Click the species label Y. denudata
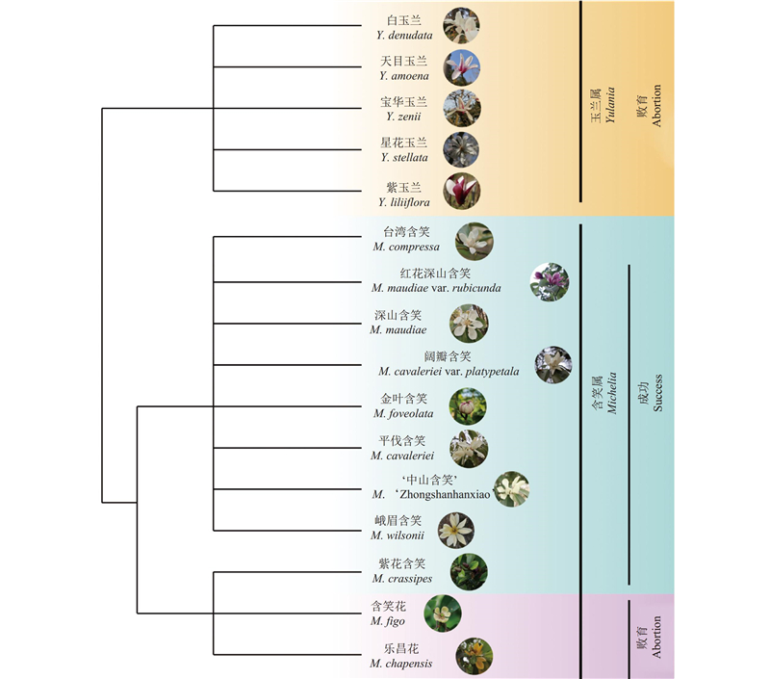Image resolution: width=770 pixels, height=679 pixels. click(x=404, y=36)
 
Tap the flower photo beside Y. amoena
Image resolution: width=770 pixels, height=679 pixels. click(x=462, y=66)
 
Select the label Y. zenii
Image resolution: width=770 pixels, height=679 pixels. click(x=404, y=116)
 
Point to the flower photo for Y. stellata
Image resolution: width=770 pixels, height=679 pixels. click(x=461, y=149)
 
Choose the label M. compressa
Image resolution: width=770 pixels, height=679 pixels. click(x=406, y=247)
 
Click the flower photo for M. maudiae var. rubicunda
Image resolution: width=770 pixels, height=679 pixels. click(x=550, y=281)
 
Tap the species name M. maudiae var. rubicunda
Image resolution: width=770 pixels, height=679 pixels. click(x=436, y=288)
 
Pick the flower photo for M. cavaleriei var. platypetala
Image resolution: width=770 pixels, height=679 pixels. click(x=553, y=364)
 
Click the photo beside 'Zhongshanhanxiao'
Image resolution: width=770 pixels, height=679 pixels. click(x=512, y=488)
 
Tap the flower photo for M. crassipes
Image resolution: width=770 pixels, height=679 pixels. click(x=469, y=571)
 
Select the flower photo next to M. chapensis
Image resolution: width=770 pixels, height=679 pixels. click(x=473, y=655)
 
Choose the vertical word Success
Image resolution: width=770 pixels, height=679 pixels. click(x=657, y=392)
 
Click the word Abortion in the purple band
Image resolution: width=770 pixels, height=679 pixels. click(x=657, y=638)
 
